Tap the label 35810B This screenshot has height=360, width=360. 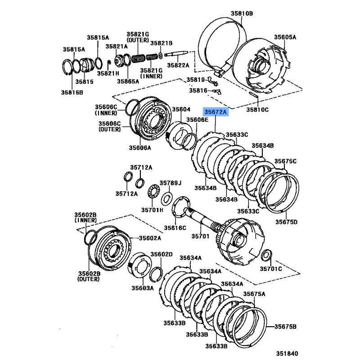(x=243, y=13)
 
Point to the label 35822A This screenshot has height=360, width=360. (x=178, y=65)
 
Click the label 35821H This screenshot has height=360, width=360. (x=108, y=73)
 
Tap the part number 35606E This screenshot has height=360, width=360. (x=198, y=120)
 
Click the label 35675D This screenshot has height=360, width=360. (x=286, y=222)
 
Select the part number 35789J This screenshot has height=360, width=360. (x=171, y=183)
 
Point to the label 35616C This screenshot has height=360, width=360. (x=175, y=228)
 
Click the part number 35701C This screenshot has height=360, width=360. (x=270, y=269)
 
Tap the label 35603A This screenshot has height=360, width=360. (x=143, y=288)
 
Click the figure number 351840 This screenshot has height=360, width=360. (x=287, y=354)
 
